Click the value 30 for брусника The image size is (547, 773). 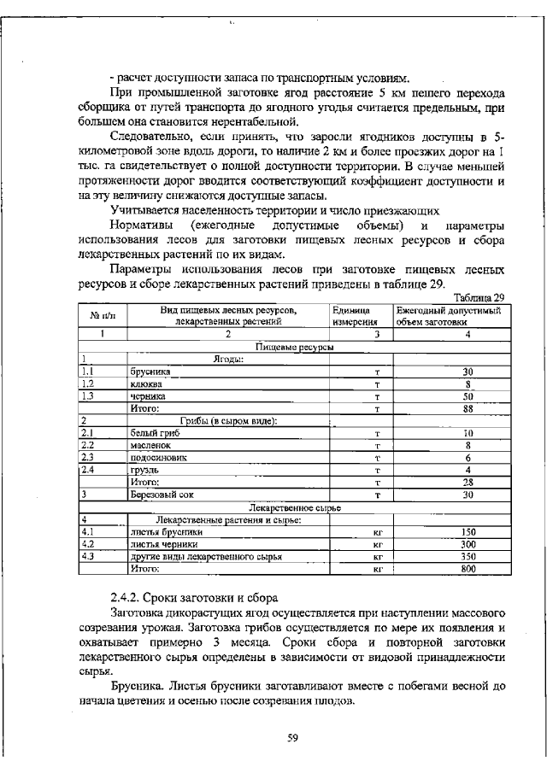coord(468,372)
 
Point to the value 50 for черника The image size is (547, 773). coord(468,396)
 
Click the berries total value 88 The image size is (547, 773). coord(468,409)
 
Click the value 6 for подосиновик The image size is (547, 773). coord(468,457)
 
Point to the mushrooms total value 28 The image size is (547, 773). coord(468,482)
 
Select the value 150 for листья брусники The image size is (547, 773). coord(468,531)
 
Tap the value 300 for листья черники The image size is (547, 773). coord(468,543)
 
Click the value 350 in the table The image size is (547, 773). coord(468,555)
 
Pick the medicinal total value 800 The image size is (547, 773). coord(468,567)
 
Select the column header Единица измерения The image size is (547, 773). coord(350,316)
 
